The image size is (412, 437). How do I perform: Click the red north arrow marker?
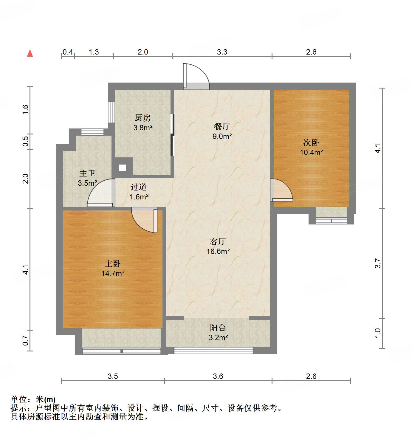click(30, 53)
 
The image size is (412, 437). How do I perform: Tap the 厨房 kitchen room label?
click(143, 118)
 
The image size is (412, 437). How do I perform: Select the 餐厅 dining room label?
click(222, 126)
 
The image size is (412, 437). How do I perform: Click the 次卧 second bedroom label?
click(311, 142)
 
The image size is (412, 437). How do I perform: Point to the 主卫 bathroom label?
click(87, 173)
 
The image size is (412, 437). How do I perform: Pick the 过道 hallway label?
click(139, 187)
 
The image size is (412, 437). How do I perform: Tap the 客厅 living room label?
click(218, 241)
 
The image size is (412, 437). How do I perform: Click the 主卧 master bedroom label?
click(113, 264)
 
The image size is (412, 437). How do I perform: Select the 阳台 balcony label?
click(218, 328)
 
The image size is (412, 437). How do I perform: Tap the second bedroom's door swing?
click(281, 190)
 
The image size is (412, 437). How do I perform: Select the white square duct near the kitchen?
click(122, 168)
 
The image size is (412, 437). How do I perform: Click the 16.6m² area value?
click(218, 251)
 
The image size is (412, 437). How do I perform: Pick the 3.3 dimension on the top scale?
click(222, 52)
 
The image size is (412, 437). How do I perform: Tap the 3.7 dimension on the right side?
click(378, 263)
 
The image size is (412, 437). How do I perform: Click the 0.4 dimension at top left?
click(68, 52)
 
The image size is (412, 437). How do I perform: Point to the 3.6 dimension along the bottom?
click(218, 376)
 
